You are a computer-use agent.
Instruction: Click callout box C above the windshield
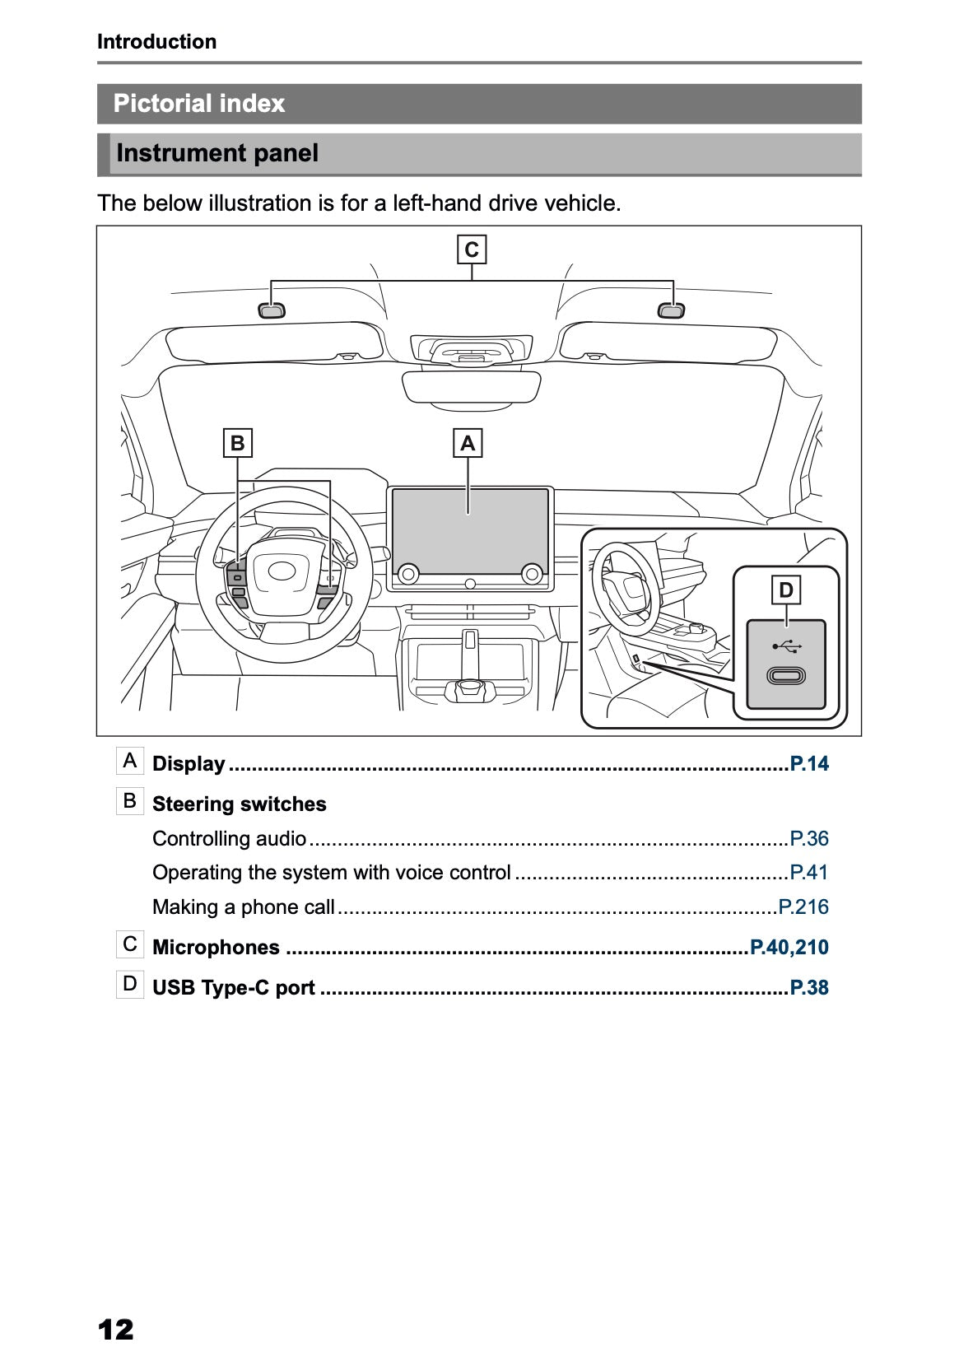pyautogui.click(x=472, y=249)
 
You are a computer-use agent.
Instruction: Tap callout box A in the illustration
pyautogui.click(x=468, y=444)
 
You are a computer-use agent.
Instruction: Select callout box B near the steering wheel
pyautogui.click(x=237, y=444)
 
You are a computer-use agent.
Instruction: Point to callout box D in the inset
pyautogui.click(x=785, y=590)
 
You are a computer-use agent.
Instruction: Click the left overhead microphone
pyautogui.click(x=272, y=310)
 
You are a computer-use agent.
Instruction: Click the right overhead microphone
pyautogui.click(x=671, y=310)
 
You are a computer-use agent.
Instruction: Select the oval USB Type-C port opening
pyautogui.click(x=786, y=676)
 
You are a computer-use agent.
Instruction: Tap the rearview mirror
pyautogui.click(x=471, y=386)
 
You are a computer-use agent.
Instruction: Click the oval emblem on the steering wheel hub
pyautogui.click(x=282, y=571)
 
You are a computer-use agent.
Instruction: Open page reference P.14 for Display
pyautogui.click(x=809, y=763)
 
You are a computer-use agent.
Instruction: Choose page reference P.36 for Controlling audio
pyautogui.click(x=809, y=838)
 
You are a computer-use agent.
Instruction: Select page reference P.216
pyautogui.click(x=803, y=907)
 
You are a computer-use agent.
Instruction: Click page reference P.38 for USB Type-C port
pyautogui.click(x=809, y=987)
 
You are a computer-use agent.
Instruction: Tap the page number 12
pyautogui.click(x=115, y=1329)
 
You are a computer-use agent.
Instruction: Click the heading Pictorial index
pyautogui.click(x=199, y=104)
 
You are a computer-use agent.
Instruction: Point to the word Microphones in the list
pyautogui.click(x=216, y=947)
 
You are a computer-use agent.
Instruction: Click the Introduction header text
pyautogui.click(x=156, y=42)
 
